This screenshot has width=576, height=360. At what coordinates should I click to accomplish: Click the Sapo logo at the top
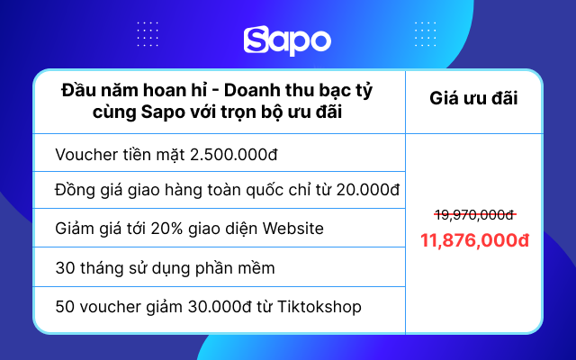point(287,40)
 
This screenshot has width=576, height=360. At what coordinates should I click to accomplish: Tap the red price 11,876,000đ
point(474,240)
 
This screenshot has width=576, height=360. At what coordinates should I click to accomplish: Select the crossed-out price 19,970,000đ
point(474,215)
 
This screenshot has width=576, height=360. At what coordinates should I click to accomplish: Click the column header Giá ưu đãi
point(473,98)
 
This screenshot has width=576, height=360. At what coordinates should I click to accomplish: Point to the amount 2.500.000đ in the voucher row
point(234,155)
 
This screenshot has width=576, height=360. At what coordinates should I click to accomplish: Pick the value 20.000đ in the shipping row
point(368,190)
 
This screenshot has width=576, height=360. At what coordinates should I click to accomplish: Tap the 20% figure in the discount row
point(166,229)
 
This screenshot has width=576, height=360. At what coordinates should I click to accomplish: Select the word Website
point(292,229)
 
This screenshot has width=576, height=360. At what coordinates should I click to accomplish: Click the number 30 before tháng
point(65,268)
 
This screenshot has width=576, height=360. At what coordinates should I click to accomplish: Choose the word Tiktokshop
point(319,307)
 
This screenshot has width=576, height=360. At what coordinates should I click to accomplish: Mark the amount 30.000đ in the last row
point(220,307)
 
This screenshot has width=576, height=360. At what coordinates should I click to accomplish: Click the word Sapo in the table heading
point(163,112)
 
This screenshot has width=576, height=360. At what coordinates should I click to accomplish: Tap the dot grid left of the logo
point(148,34)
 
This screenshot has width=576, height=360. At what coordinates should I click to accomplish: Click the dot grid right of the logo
point(426,34)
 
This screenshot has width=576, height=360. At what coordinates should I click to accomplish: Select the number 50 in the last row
point(65,307)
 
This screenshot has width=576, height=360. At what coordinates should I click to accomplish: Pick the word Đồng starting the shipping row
point(75,190)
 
